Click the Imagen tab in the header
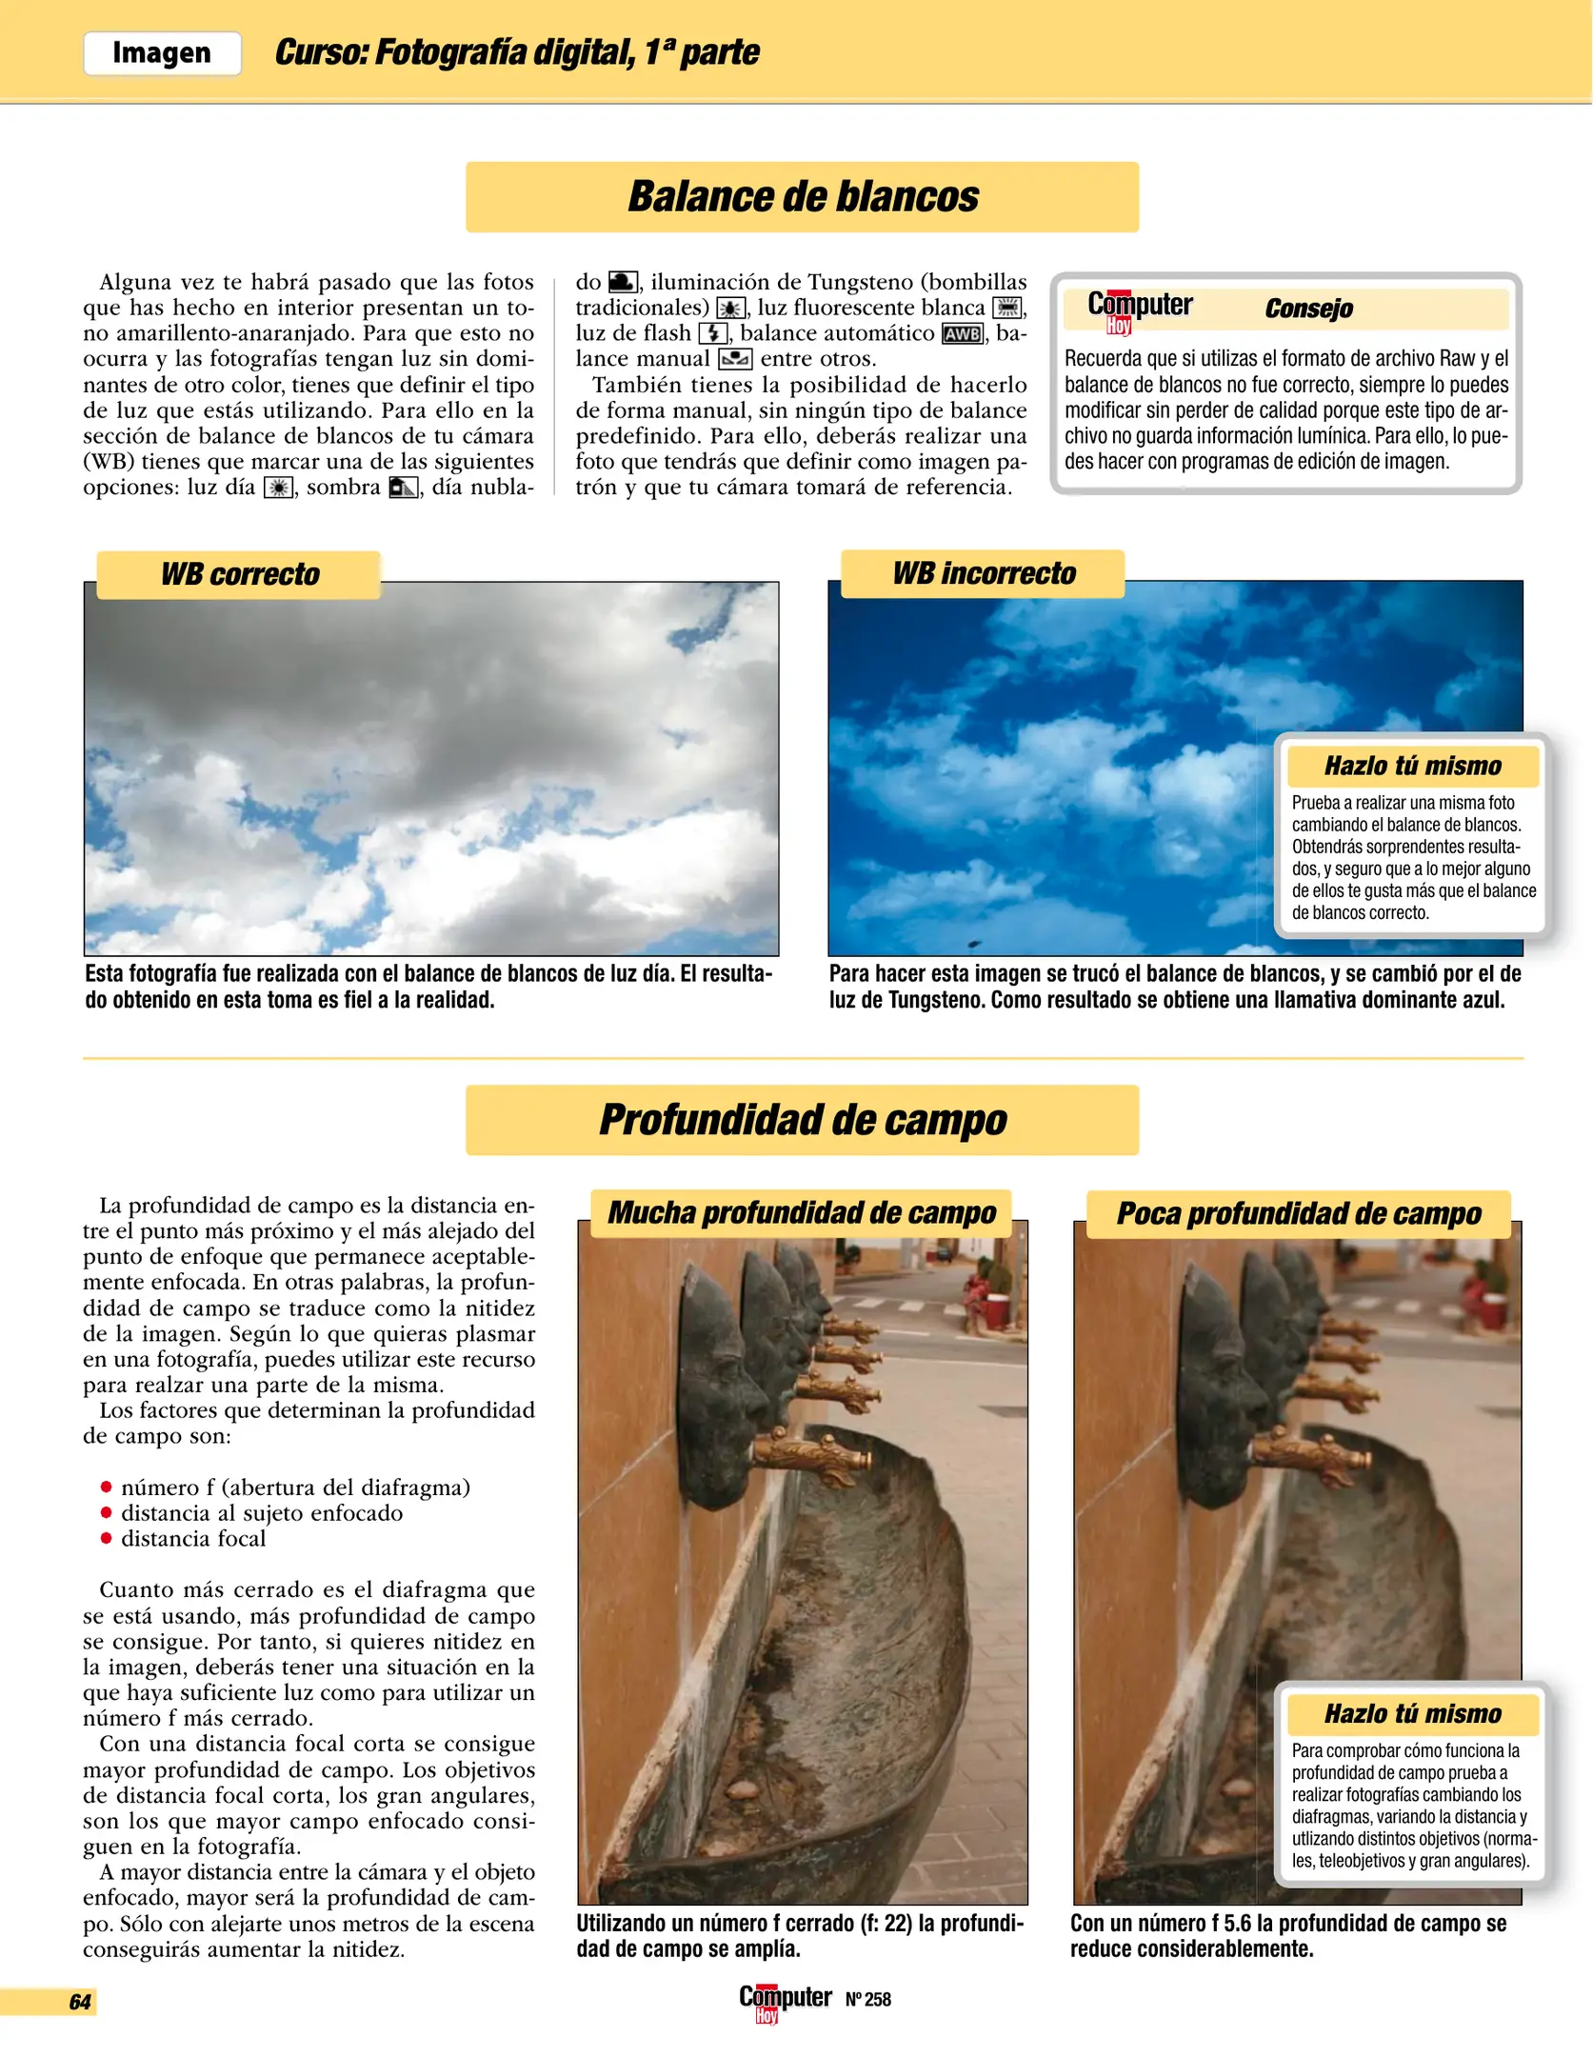[x=162, y=52]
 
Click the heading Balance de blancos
[x=802, y=197]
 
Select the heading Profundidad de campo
[x=802, y=1120]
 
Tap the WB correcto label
[x=239, y=574]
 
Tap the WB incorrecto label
[x=983, y=573]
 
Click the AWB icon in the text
[x=962, y=334]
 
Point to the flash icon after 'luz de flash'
[x=713, y=333]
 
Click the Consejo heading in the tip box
[x=1308, y=309]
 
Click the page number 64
[x=80, y=2002]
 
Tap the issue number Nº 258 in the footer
[x=867, y=2000]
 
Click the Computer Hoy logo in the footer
[x=785, y=2001]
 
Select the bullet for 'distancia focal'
[x=106, y=1539]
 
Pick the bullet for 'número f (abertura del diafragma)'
[x=106, y=1488]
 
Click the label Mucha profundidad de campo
[x=801, y=1213]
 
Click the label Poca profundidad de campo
[x=1298, y=1214]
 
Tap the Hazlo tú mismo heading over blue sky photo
[x=1412, y=766]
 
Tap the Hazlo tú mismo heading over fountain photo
[x=1412, y=1714]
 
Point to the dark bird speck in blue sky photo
[x=974, y=944]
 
